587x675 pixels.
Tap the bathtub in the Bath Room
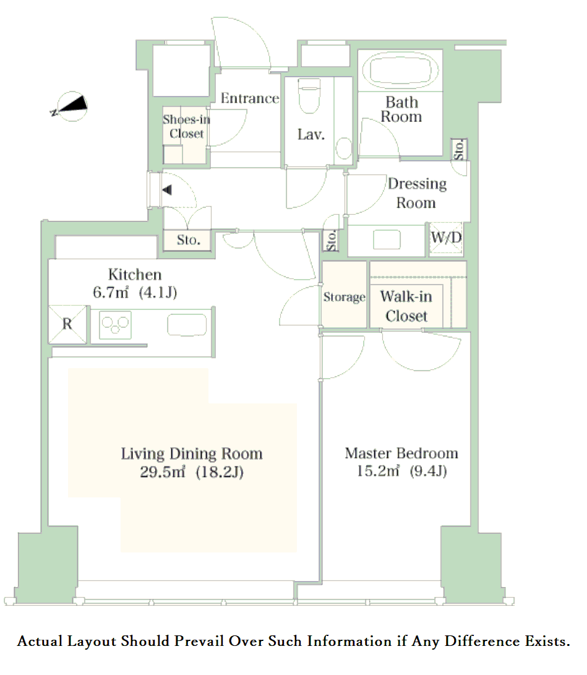(401, 70)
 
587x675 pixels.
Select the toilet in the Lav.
(309, 95)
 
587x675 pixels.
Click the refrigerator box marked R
(67, 324)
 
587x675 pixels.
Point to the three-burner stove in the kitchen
(115, 325)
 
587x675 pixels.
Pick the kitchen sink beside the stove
(187, 324)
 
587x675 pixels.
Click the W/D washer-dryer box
(446, 238)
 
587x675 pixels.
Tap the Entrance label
(250, 98)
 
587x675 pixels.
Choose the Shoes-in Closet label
(186, 126)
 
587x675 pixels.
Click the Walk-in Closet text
(406, 306)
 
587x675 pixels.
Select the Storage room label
(345, 296)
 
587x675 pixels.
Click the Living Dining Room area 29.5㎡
(163, 472)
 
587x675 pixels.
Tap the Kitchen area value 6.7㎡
(111, 293)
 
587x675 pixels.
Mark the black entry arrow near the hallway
(167, 190)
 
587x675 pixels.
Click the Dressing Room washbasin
(387, 239)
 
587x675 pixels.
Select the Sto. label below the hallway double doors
(189, 240)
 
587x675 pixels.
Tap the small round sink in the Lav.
(343, 148)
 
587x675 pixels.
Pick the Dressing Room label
(416, 193)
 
